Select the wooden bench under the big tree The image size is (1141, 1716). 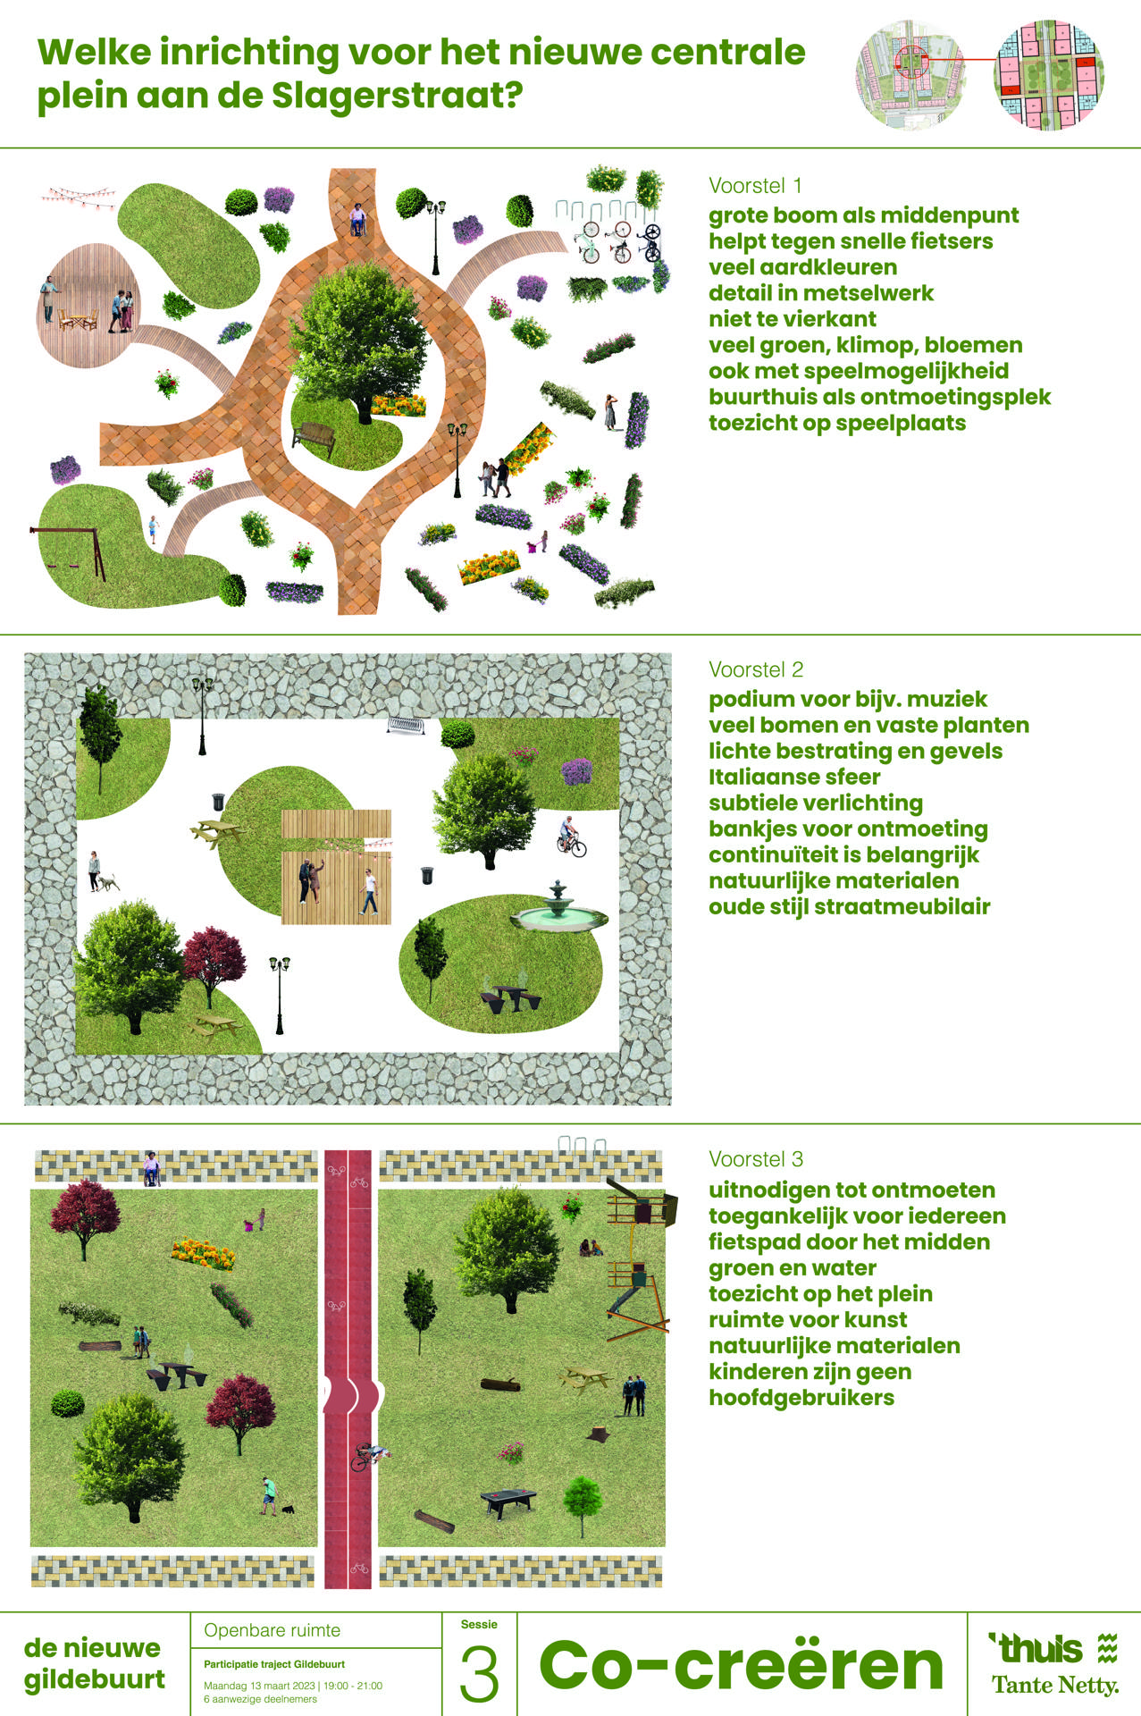(x=312, y=438)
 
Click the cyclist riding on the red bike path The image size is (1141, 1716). (x=369, y=1456)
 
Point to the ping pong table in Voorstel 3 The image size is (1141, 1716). (x=508, y=1501)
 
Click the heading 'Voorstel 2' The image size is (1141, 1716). (x=756, y=669)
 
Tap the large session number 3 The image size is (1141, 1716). (x=480, y=1674)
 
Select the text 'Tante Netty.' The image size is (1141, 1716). (x=1055, y=1686)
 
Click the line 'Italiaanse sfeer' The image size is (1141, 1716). (x=794, y=777)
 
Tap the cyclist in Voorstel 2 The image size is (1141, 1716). (x=571, y=837)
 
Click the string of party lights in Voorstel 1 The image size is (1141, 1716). (x=80, y=197)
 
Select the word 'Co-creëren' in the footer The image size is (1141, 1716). (x=742, y=1666)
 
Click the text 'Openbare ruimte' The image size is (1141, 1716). (x=273, y=1630)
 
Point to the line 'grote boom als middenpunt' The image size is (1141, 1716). (x=864, y=215)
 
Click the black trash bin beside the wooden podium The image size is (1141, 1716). (x=427, y=875)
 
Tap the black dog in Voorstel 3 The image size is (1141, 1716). (x=288, y=1510)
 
